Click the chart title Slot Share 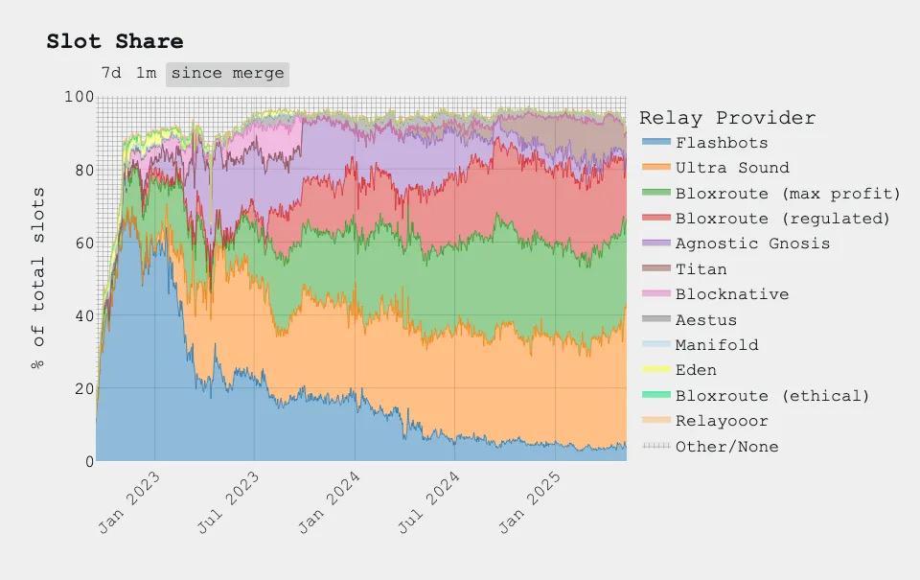[x=115, y=41]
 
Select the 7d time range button [x=111, y=73]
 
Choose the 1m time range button [x=146, y=73]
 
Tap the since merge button [x=227, y=73]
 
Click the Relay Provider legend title [x=727, y=118]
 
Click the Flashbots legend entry [x=721, y=143]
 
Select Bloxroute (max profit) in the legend [x=788, y=194]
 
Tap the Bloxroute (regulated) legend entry [x=782, y=219]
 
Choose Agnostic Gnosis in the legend [x=752, y=244]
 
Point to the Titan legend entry [x=701, y=269]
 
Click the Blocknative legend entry [x=731, y=294]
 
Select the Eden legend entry [x=695, y=370]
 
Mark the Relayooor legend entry [x=721, y=421]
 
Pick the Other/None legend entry [x=726, y=447]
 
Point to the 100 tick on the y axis [x=80, y=97]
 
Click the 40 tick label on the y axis [x=83, y=316]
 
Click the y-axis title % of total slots [x=38, y=279]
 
